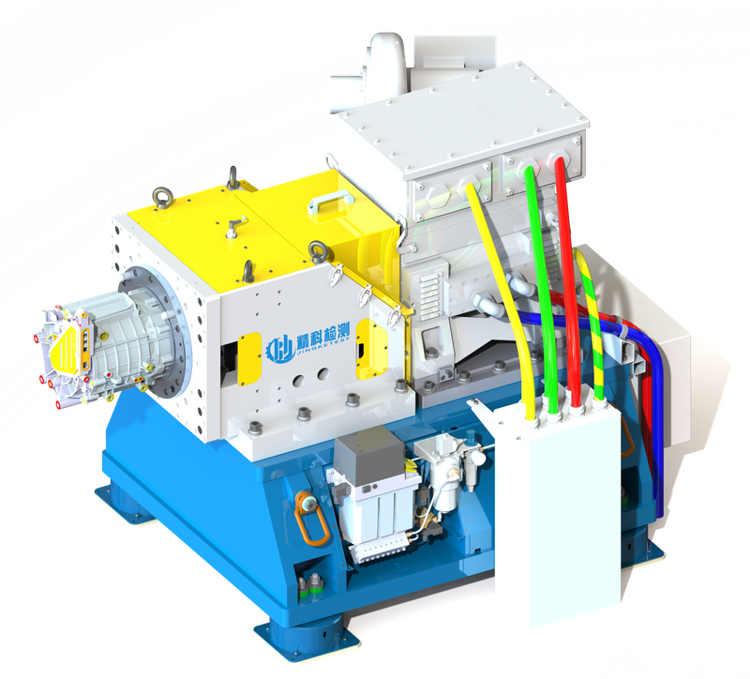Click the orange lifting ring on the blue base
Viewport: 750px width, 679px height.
pos(310,519)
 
